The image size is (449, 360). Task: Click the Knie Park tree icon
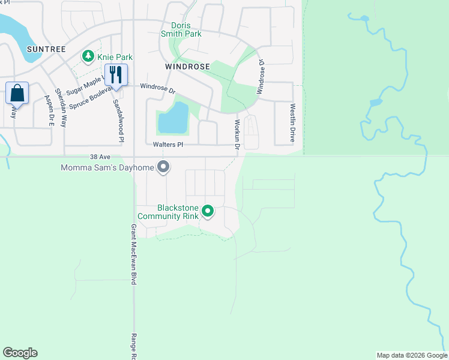coord(88,56)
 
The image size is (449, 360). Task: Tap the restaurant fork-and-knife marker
coord(114,74)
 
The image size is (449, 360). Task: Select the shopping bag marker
coord(17,94)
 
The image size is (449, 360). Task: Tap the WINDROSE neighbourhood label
coord(188,67)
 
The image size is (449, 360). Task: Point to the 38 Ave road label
coord(101,155)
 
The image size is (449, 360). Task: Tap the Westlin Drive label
coord(293,122)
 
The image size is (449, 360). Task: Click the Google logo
coord(20,353)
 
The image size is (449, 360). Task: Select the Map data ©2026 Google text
coord(411,355)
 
